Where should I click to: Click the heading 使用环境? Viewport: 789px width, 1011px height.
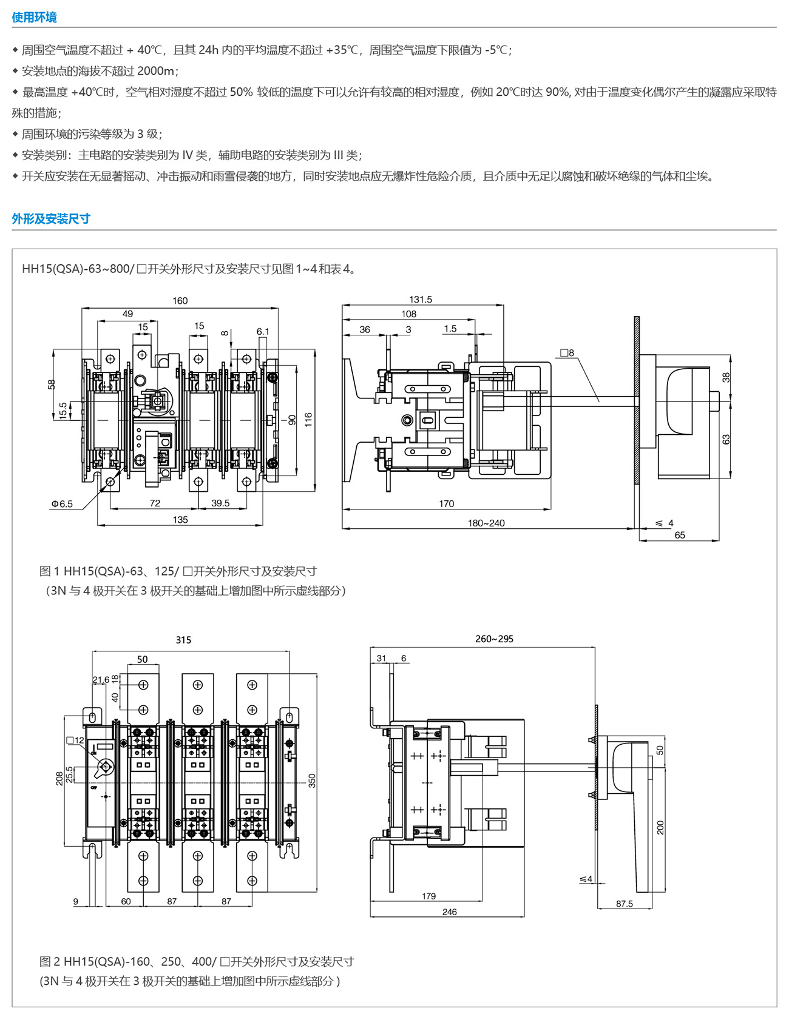(34, 18)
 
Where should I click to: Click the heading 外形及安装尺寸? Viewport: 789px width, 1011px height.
(51, 219)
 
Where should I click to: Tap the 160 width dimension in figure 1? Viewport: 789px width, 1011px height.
(180, 301)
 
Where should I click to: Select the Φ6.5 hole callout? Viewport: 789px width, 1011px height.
(62, 504)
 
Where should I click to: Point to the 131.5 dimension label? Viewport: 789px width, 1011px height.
(421, 300)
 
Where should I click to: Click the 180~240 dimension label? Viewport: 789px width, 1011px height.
(486, 523)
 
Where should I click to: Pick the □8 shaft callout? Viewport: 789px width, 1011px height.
(567, 353)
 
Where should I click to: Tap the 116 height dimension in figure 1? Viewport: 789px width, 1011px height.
(309, 419)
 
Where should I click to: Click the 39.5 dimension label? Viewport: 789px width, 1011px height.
(220, 503)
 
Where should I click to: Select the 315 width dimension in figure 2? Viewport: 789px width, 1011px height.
(183, 640)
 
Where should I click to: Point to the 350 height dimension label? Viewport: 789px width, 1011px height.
(312, 780)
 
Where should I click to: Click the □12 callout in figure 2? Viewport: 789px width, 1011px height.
(75, 741)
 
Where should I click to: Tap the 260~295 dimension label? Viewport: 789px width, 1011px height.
(494, 639)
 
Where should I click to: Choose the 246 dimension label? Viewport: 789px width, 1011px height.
(449, 912)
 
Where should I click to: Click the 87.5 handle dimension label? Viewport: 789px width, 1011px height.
(625, 904)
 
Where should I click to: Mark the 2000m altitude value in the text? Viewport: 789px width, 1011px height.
(156, 71)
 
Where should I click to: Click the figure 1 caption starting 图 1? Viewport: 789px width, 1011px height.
(178, 571)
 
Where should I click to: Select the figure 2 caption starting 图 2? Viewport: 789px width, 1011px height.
(196, 961)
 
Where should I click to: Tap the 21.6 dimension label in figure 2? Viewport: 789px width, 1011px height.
(101, 680)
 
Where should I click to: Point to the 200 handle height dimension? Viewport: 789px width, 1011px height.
(660, 827)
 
